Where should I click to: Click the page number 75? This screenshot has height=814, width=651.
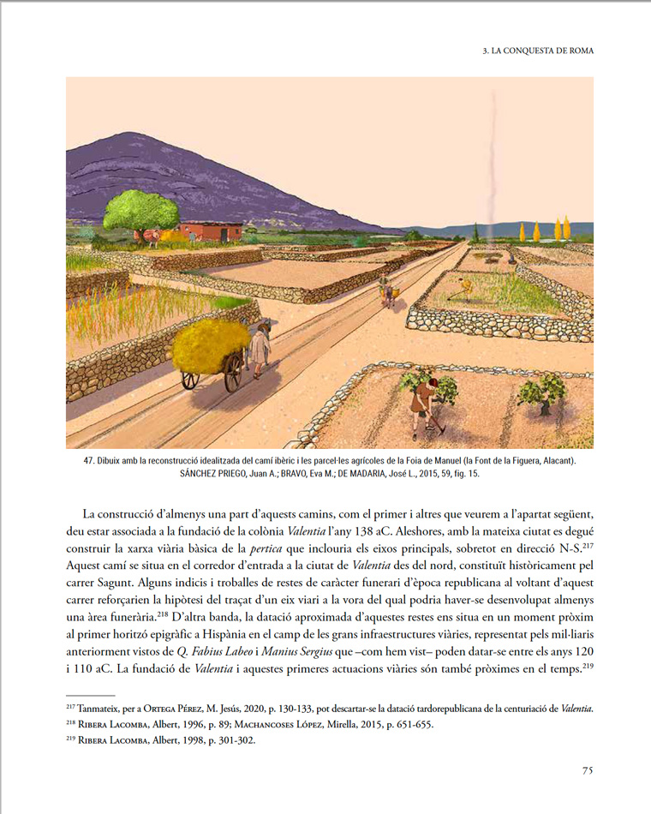pos(588,769)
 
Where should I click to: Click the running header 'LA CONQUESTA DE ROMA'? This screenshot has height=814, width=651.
pos(542,51)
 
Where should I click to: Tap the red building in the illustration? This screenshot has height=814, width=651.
pos(212,230)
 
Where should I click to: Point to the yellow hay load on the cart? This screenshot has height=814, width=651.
pos(211,344)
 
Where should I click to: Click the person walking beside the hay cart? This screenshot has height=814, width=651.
pos(260,347)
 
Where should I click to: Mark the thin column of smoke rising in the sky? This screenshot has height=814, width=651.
pos(490,171)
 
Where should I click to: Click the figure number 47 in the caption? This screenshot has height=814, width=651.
pos(88,461)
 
